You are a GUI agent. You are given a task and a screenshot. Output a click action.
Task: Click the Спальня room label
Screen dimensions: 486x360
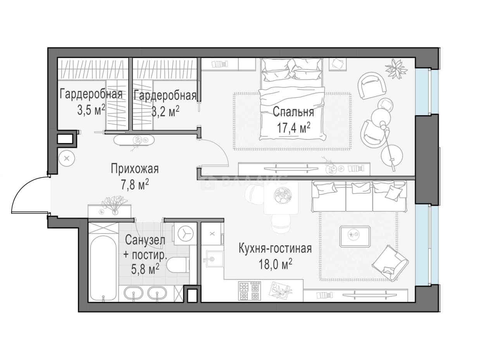[x=293, y=112]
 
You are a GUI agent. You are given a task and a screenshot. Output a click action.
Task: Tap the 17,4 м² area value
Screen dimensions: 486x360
[x=293, y=128]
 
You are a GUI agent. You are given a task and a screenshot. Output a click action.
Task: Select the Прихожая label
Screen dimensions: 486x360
[x=134, y=169]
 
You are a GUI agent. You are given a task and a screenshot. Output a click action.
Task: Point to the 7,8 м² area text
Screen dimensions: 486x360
[x=135, y=185]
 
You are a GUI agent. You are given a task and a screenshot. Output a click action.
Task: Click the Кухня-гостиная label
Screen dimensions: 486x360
[x=275, y=249]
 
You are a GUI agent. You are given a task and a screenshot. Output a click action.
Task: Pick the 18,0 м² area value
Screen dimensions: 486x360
[x=275, y=264]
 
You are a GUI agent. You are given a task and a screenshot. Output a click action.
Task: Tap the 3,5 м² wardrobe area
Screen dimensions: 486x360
[x=91, y=110]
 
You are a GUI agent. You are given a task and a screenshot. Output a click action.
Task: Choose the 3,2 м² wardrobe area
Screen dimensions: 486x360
[x=165, y=111]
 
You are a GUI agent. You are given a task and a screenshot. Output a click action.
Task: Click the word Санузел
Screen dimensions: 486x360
[x=145, y=240]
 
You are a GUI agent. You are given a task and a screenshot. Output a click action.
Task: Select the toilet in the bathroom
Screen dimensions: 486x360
[x=178, y=265]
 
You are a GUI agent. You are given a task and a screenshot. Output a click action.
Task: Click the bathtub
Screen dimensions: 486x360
[x=103, y=268]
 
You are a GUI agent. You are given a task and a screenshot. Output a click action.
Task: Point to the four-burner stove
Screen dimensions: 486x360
[x=250, y=291]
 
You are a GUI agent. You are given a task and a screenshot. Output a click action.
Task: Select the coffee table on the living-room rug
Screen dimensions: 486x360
[x=355, y=236]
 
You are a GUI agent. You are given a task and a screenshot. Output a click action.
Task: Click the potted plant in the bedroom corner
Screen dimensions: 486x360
[x=396, y=68]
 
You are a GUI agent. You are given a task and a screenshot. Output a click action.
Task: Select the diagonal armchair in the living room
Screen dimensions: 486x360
[x=390, y=263]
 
